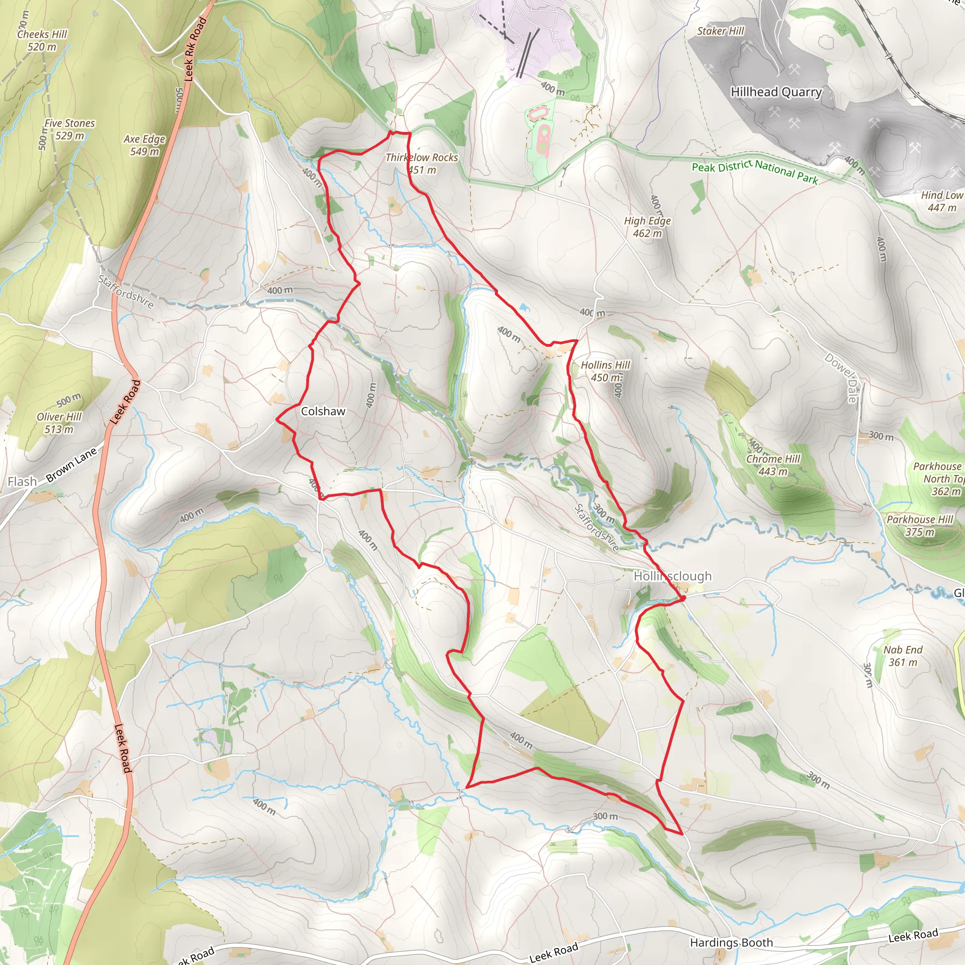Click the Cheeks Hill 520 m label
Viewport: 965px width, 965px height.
click(42, 41)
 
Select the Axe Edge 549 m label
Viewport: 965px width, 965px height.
click(144, 145)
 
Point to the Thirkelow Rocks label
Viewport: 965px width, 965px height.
click(422, 158)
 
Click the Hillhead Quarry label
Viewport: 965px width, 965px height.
click(776, 92)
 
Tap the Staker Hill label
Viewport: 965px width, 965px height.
click(720, 31)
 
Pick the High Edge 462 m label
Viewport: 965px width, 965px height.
click(647, 227)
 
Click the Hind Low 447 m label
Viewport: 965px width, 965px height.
click(941, 201)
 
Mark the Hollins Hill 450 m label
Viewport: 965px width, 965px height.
click(605, 371)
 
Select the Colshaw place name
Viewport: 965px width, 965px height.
click(323, 411)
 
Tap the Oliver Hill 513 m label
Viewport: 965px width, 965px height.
click(59, 423)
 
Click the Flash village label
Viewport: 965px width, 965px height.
click(22, 482)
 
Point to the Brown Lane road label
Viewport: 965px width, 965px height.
click(72, 465)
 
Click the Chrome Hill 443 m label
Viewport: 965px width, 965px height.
click(773, 465)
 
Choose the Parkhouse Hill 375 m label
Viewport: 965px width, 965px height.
click(920, 525)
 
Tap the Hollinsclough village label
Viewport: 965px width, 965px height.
click(672, 576)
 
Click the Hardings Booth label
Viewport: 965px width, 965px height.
click(731, 942)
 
